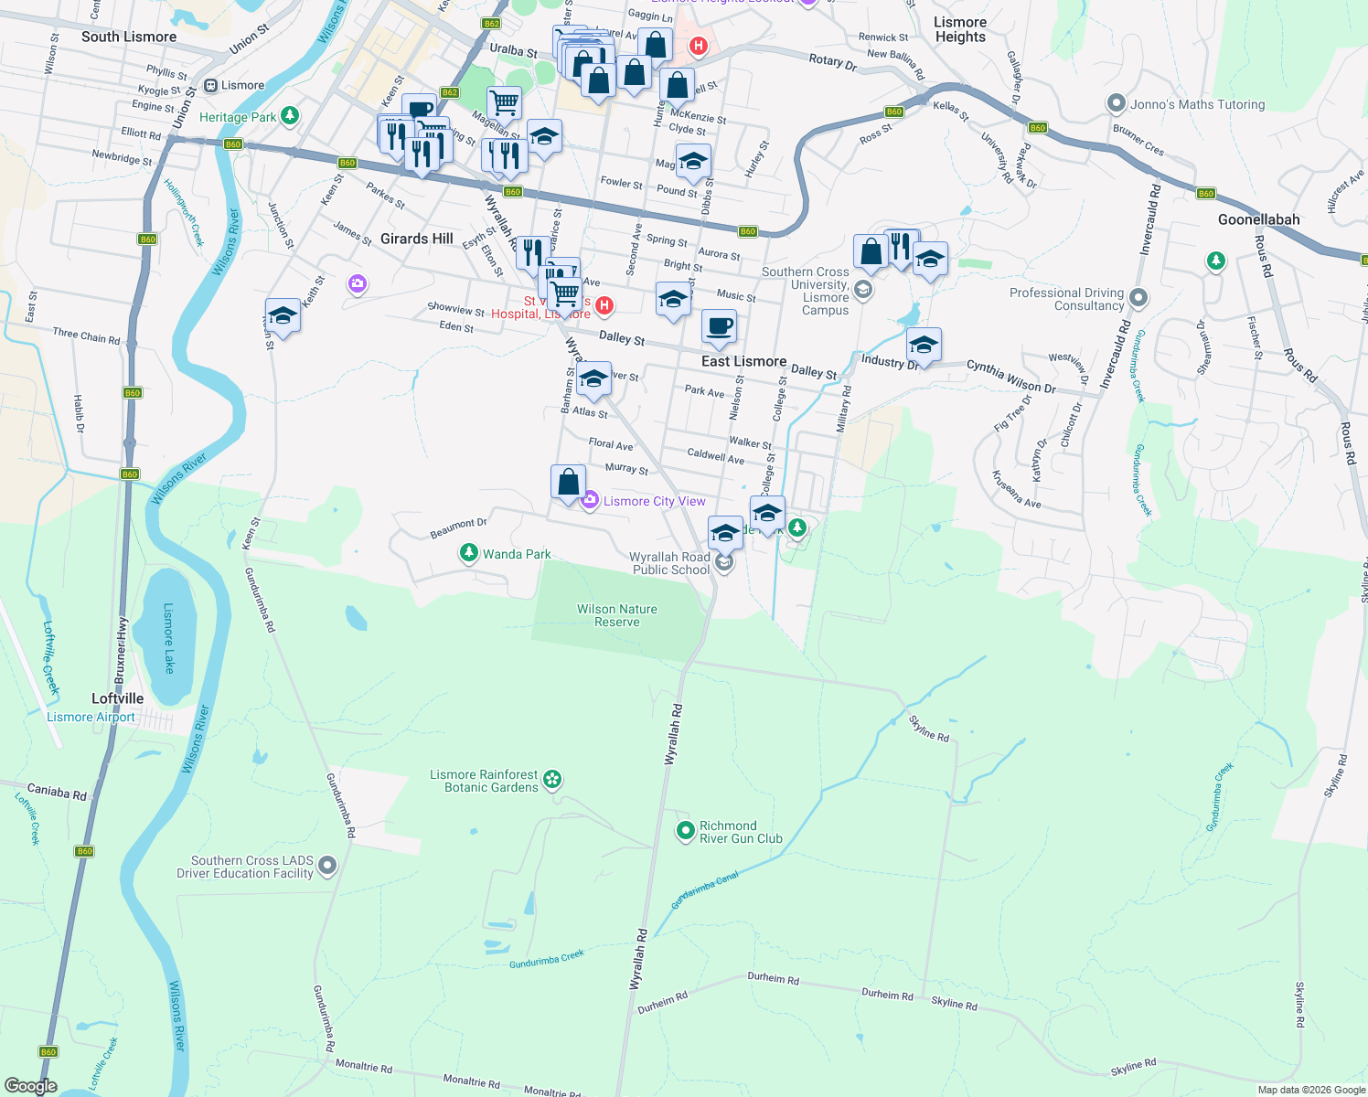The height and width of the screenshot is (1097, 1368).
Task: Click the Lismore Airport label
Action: point(91,718)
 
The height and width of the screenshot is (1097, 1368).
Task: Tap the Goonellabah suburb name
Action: point(1258,219)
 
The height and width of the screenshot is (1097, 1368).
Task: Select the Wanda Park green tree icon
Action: point(468,553)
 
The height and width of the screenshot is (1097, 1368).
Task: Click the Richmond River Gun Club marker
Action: point(686,831)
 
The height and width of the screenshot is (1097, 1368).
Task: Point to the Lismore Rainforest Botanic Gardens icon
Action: point(552,780)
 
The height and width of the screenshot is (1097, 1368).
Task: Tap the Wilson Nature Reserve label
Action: point(616,615)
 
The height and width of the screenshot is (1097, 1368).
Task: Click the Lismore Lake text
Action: point(168,638)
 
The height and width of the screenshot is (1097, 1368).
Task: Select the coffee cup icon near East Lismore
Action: point(720,326)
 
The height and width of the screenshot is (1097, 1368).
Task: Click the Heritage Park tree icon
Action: point(290,115)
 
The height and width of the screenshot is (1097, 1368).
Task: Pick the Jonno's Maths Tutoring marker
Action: point(1116,103)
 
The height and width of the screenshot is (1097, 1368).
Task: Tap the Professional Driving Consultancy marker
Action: point(1138,298)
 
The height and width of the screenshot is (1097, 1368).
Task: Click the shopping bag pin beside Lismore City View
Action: point(568,482)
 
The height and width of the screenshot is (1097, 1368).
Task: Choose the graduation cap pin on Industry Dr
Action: point(924,345)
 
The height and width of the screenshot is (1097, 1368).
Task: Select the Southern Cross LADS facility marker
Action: point(327,866)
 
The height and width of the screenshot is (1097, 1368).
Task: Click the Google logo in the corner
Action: point(30,1086)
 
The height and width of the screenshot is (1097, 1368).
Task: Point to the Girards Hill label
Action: point(416,239)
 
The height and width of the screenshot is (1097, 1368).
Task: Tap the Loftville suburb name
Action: point(117,698)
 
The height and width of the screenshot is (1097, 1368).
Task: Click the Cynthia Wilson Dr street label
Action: point(1011,376)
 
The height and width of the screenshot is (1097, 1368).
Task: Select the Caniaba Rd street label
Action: point(57,792)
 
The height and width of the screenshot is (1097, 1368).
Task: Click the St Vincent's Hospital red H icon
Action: point(604,305)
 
